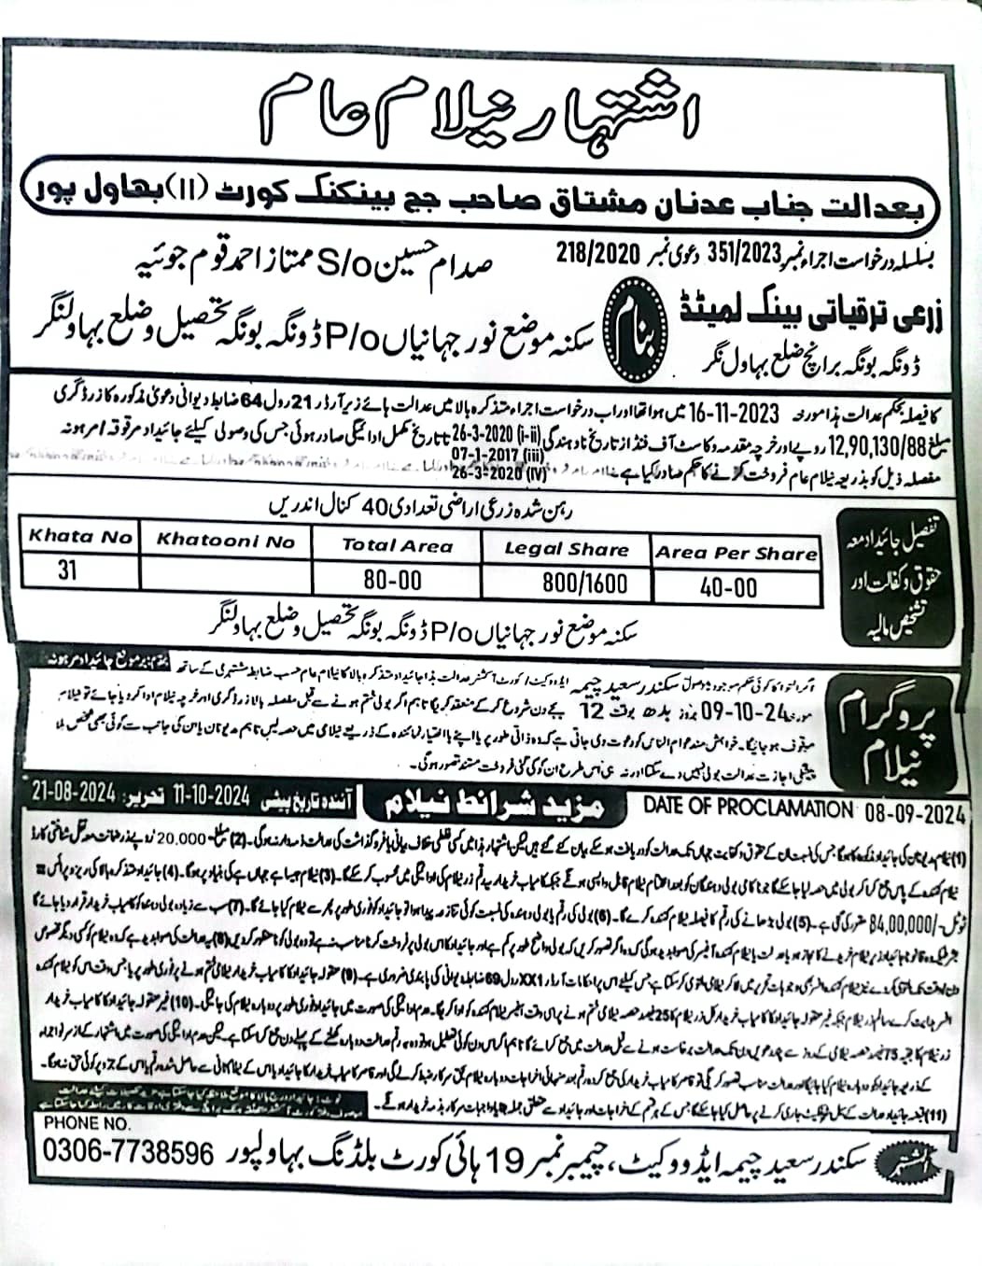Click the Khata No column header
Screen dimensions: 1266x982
click(79, 537)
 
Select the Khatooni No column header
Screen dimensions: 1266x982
click(225, 540)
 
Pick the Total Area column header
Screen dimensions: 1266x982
click(397, 545)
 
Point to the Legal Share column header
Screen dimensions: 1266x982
click(567, 549)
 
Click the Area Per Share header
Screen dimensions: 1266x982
click(736, 553)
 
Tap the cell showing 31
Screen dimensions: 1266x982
click(67, 570)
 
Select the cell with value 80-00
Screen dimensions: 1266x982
click(393, 580)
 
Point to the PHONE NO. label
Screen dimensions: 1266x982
click(87, 1124)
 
